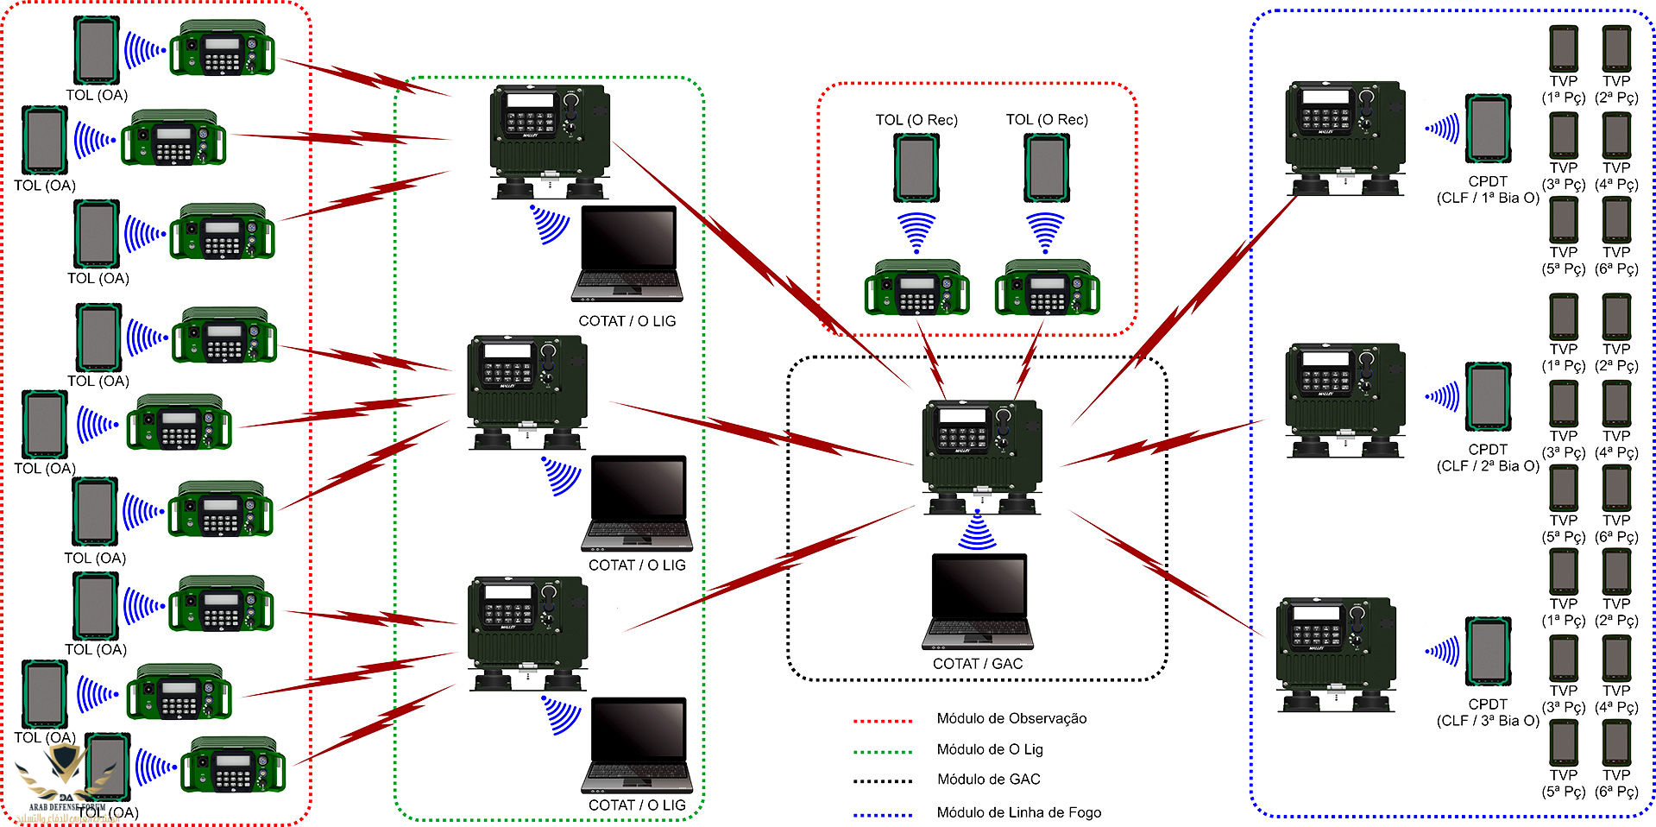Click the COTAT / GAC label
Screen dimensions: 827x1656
tap(977, 664)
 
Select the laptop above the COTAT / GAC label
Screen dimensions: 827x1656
tap(978, 602)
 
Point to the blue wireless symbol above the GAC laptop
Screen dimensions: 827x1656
tap(977, 532)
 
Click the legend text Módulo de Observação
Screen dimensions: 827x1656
tap(1011, 718)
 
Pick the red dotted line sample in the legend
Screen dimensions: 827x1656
tap(882, 720)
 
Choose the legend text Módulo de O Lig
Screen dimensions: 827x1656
tap(990, 749)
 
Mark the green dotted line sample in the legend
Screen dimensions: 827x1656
tap(882, 751)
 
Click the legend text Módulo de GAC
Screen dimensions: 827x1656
tap(988, 780)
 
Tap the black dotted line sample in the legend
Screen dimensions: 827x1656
tap(882, 781)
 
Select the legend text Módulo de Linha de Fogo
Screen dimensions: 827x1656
tap(1018, 812)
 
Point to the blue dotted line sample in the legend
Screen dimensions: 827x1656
tap(882, 814)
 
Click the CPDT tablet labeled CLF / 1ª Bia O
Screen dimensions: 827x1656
tap(1489, 129)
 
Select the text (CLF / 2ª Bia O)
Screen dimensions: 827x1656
tap(1488, 466)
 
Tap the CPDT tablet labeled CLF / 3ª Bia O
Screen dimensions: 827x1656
tap(1489, 652)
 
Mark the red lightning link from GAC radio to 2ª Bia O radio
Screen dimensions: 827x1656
tap(1161, 442)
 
